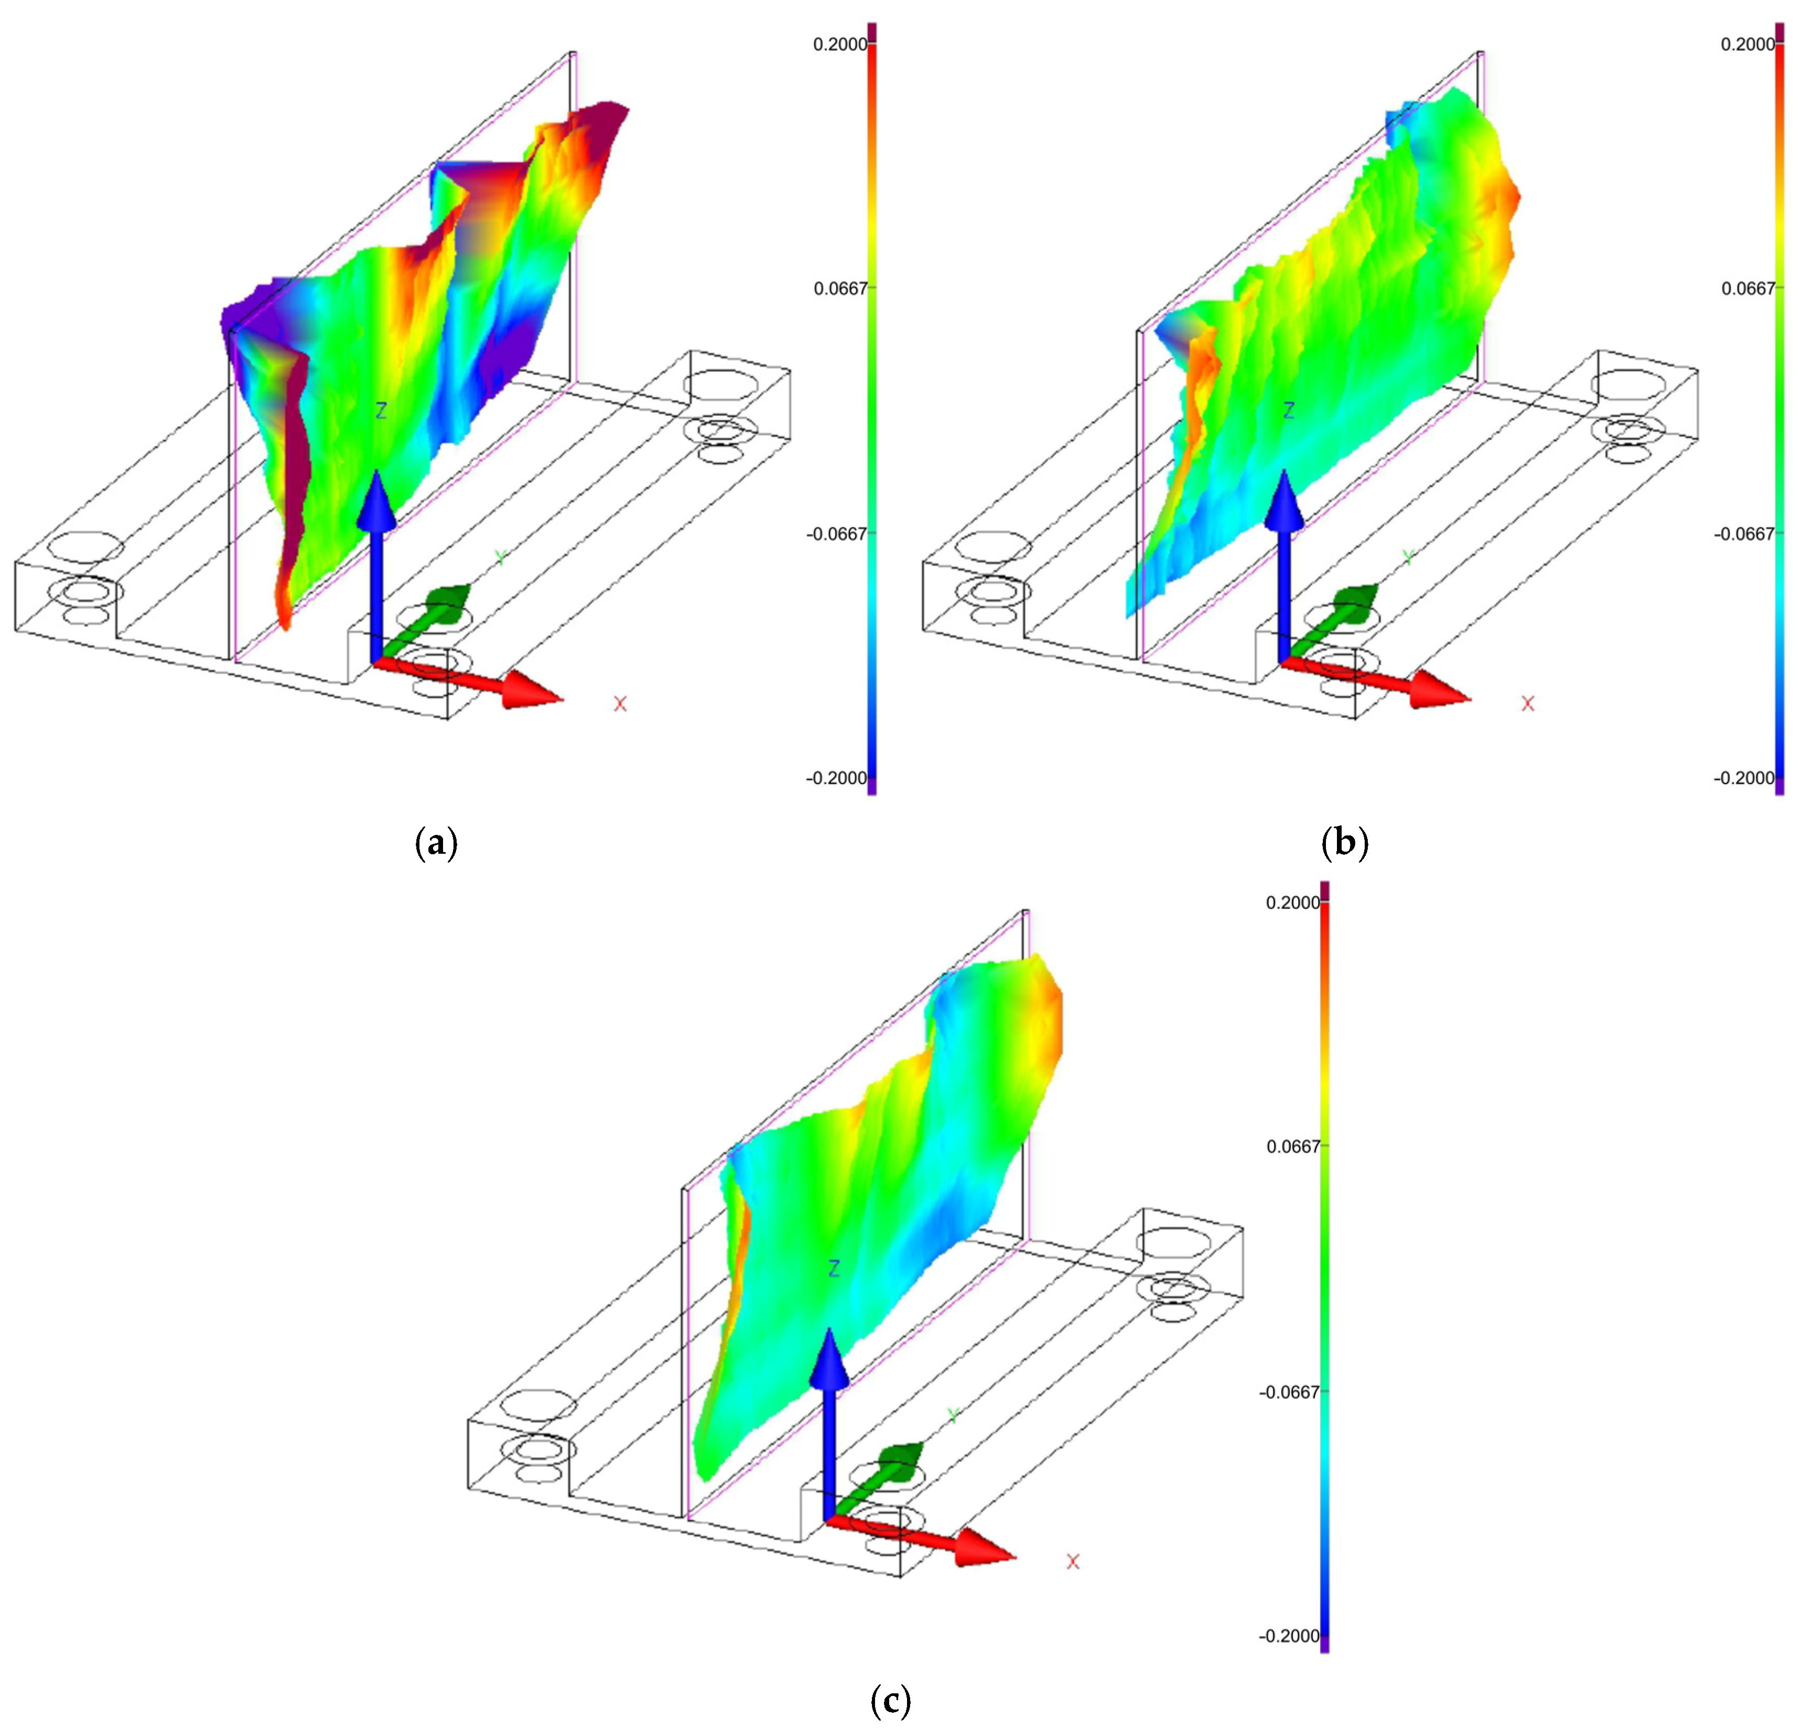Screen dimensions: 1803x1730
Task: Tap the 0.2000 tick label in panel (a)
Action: point(840,44)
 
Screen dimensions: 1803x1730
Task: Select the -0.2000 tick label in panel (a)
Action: point(837,778)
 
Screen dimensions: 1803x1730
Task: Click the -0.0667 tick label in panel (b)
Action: point(1745,534)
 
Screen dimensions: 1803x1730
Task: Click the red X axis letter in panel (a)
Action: point(620,704)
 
